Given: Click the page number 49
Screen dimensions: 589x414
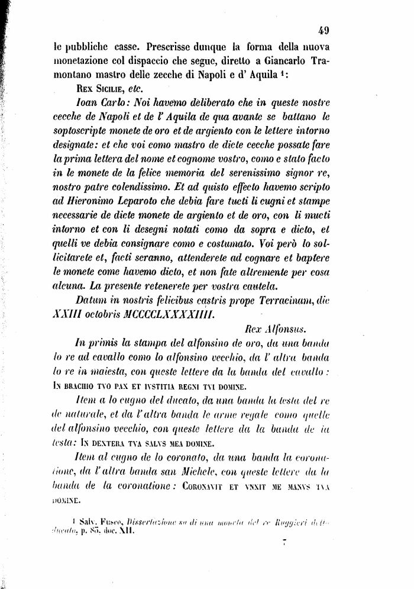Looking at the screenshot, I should click(322, 32).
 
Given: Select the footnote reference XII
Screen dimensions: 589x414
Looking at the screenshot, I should click(128, 532).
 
